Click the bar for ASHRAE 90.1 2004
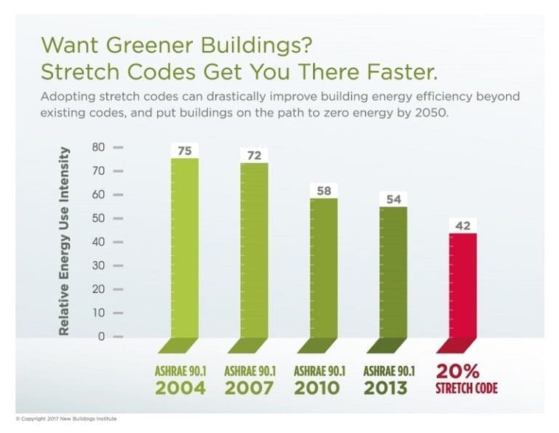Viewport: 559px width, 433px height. point(185,248)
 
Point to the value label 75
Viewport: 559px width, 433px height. point(185,151)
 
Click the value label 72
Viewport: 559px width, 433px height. point(254,156)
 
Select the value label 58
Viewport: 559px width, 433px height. point(323,190)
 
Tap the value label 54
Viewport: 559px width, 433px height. point(393,199)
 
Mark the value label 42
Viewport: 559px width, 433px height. point(463,226)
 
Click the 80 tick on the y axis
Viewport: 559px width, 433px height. point(99,147)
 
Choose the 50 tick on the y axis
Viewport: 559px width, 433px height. point(99,218)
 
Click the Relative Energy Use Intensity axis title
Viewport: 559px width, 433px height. point(64,241)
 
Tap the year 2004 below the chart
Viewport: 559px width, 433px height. point(179,387)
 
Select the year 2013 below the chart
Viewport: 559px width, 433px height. point(389,387)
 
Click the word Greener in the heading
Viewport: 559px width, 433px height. point(127,45)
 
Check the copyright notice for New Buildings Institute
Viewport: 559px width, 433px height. point(66,418)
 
